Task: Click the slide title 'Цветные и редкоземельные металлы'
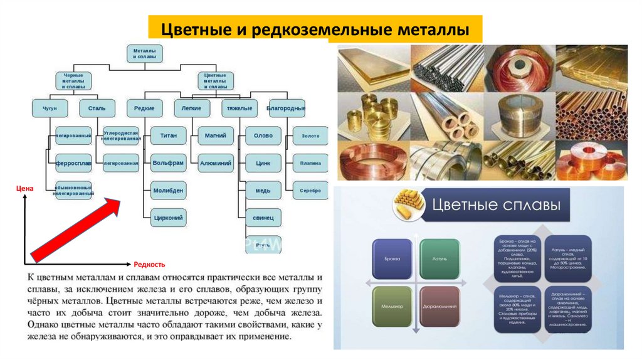315,29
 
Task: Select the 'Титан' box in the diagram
168,135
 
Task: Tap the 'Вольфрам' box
168,162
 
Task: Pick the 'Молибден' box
168,189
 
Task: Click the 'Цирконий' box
168,217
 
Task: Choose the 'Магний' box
216,135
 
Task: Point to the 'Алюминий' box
216,163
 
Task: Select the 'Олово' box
263,135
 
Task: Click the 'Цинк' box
263,163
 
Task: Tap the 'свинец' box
263,217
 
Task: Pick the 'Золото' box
310,135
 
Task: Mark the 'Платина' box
310,163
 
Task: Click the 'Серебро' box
310,190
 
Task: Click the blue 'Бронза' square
392,258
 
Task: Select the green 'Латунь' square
439,258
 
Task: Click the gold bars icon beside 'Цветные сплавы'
406,205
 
